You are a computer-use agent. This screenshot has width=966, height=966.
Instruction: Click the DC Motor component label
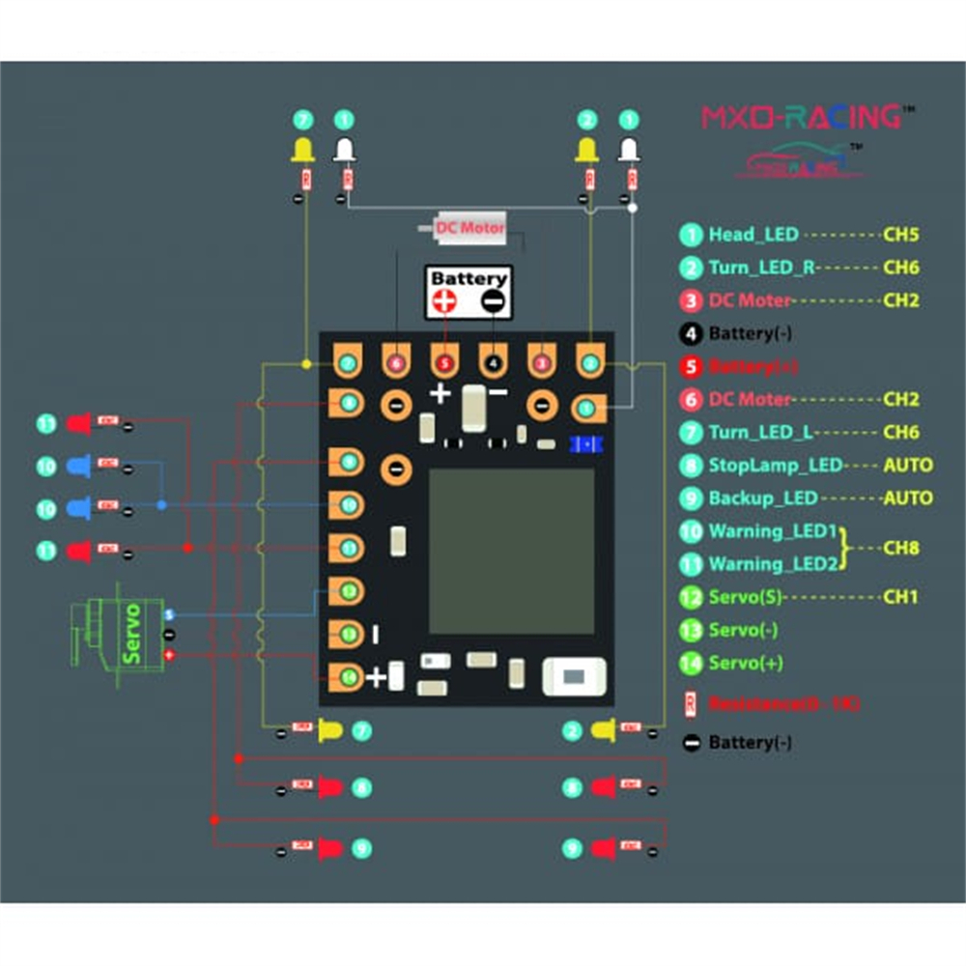click(x=469, y=229)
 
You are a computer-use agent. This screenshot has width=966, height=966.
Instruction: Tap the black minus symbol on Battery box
click(x=493, y=301)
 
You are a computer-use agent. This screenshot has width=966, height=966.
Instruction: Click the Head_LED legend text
click(x=753, y=234)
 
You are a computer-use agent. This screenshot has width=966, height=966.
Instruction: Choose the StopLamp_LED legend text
click(x=776, y=465)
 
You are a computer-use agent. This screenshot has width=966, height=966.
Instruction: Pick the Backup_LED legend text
click(x=763, y=498)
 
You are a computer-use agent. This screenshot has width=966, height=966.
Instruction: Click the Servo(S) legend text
click(x=745, y=597)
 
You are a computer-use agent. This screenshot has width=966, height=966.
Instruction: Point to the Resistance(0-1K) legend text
click(x=783, y=703)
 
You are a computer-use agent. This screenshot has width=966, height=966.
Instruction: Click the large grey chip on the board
click(x=511, y=552)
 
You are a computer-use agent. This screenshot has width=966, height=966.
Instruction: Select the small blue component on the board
click(x=585, y=443)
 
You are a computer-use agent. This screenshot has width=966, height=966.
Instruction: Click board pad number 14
click(x=348, y=676)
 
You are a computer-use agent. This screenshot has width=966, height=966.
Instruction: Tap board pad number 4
click(x=494, y=363)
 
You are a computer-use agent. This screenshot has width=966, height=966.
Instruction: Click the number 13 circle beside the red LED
click(x=47, y=423)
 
